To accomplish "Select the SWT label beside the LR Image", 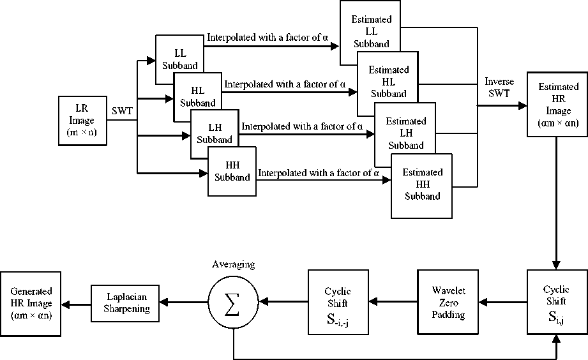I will click(121, 111).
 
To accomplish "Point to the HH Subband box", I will click(232, 172).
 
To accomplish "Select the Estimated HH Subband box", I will click(422, 185).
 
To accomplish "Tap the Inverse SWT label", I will click(499, 87).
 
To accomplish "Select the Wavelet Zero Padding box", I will click(448, 301).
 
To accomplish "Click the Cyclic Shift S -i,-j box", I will click(338, 301).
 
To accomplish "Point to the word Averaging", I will click(234, 264).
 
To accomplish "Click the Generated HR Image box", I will click(31, 304).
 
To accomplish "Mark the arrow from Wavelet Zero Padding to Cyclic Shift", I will click(393, 301).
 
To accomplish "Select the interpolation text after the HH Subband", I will click(319, 172).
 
